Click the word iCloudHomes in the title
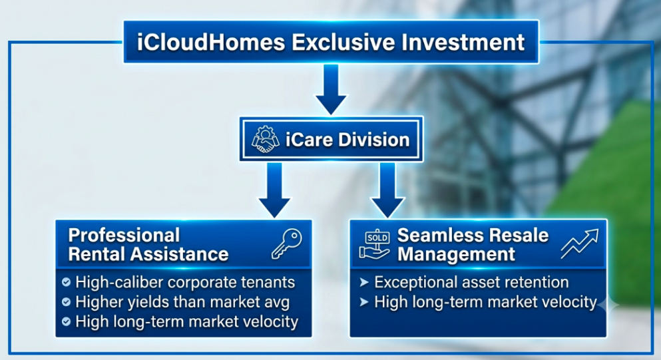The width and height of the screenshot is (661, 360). click(x=211, y=43)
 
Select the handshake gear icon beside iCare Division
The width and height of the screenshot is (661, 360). click(x=265, y=139)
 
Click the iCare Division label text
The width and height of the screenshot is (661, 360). click(x=347, y=140)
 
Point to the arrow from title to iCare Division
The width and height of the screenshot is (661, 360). click(x=331, y=89)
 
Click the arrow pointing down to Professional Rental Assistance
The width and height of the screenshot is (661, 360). click(x=274, y=190)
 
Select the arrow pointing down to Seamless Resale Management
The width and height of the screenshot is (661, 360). click(x=387, y=190)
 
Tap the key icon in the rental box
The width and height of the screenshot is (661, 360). click(x=287, y=244)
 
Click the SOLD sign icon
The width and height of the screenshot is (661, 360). click(x=375, y=244)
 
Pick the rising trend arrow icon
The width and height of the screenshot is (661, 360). click(x=580, y=244)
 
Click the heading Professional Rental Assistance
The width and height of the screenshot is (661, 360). click(x=148, y=245)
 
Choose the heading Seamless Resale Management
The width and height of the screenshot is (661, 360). click(x=473, y=245)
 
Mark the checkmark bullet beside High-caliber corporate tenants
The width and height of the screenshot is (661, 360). click(x=66, y=282)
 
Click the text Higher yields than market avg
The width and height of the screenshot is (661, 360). click(x=182, y=302)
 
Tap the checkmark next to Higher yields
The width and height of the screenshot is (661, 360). click(x=66, y=302)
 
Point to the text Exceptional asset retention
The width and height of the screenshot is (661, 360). click(x=471, y=282)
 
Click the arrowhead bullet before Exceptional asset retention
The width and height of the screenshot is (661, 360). click(x=364, y=282)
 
